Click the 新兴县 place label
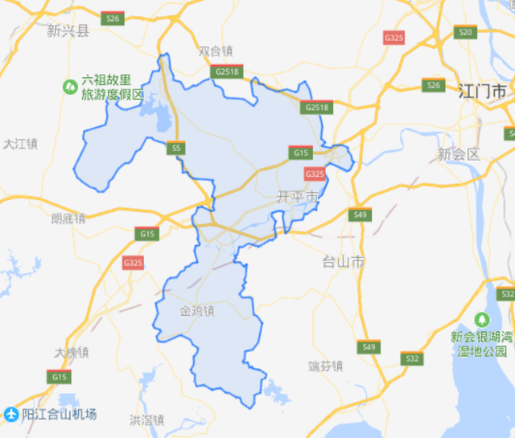pyautogui.click(x=68, y=31)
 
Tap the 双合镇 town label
pyautogui.click(x=216, y=51)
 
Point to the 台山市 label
pyautogui.click(x=344, y=262)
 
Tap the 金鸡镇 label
pyautogui.click(x=196, y=311)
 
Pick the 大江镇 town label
pyautogui.click(x=20, y=144)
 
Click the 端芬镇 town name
pyautogui.click(x=325, y=366)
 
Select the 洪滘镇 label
pyautogui.click(x=146, y=420)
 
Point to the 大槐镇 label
pyautogui.click(x=72, y=353)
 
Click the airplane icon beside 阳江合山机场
pyautogui.click(x=10, y=414)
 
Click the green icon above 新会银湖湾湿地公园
pyautogui.click(x=481, y=319)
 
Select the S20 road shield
pyautogui.click(x=464, y=31)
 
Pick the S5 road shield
pyautogui.click(x=176, y=148)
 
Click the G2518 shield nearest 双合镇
pyautogui.click(x=228, y=72)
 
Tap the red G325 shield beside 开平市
pyautogui.click(x=315, y=173)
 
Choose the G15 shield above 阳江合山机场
pyautogui.click(x=59, y=376)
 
